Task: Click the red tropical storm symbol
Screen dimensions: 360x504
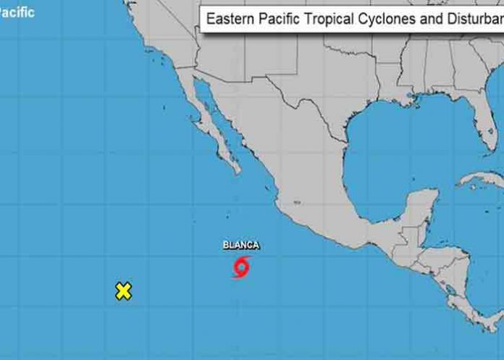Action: (x=241, y=267)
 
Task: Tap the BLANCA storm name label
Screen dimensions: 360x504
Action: (x=241, y=246)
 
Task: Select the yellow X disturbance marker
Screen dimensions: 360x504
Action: (x=124, y=291)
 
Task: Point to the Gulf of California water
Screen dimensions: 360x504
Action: (x=217, y=116)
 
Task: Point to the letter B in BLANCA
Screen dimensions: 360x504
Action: (x=226, y=246)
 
